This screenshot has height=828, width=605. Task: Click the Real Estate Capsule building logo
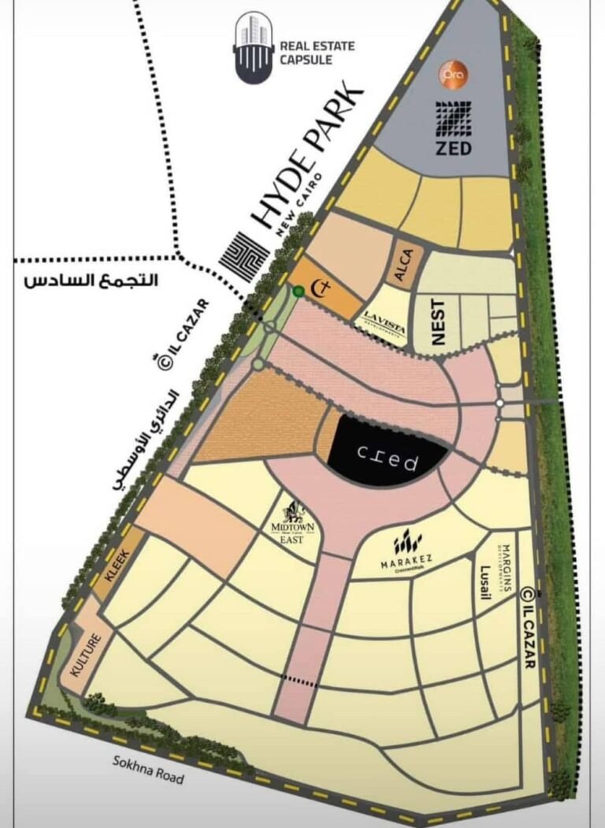tap(253, 48)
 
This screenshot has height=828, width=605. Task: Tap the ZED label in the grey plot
tap(453, 147)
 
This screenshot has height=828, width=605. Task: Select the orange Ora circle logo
tap(455, 76)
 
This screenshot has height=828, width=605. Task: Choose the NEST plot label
tap(439, 321)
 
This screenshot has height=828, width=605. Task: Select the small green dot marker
tap(298, 291)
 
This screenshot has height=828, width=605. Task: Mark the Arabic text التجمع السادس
tap(91, 280)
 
